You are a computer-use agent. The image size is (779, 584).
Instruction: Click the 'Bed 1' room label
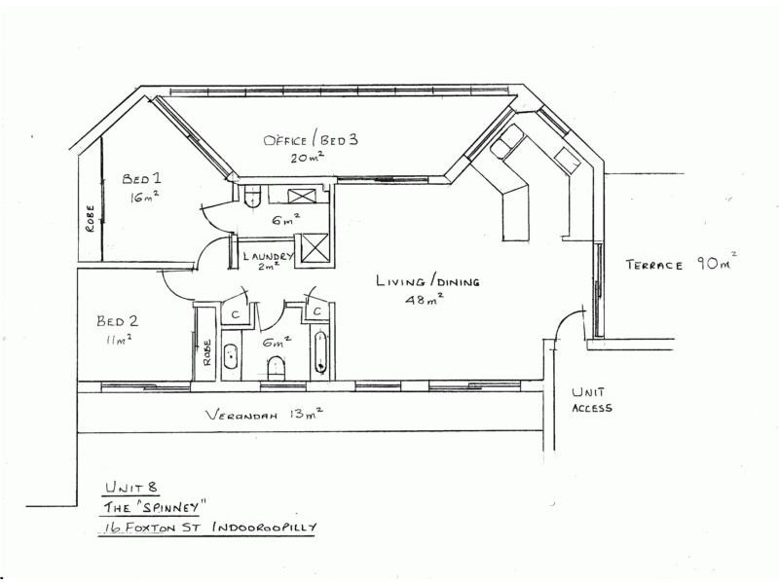click(x=141, y=178)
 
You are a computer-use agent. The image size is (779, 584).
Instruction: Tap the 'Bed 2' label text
click(x=117, y=321)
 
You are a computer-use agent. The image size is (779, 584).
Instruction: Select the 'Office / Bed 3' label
click(x=311, y=139)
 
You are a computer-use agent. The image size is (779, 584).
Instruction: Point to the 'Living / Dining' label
click(x=427, y=281)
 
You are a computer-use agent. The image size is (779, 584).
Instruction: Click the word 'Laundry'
click(x=269, y=256)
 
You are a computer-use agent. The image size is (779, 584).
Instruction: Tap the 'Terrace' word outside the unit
click(x=653, y=265)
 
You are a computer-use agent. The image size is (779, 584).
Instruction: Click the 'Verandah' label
click(x=241, y=415)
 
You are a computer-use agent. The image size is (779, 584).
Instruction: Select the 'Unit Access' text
click(x=592, y=400)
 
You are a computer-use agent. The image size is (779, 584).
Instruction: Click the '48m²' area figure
click(x=424, y=300)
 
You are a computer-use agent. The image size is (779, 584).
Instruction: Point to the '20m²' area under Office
click(x=308, y=158)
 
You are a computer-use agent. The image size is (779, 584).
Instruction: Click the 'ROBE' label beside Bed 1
click(x=90, y=218)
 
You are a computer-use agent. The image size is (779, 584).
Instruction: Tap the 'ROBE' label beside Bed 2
click(x=207, y=352)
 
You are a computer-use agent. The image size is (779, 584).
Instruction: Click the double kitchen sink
click(x=506, y=142)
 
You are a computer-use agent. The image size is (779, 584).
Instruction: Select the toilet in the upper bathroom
click(x=253, y=196)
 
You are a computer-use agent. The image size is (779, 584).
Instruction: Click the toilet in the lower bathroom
click(x=276, y=368)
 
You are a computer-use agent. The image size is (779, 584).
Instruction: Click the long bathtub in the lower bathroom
click(x=321, y=352)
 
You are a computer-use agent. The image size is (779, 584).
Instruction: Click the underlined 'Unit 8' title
click(x=132, y=488)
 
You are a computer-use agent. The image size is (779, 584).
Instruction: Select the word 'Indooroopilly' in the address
click(x=264, y=527)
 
